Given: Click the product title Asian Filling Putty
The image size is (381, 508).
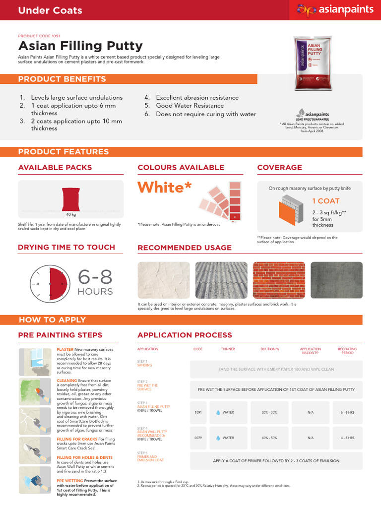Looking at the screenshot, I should pos(80,46).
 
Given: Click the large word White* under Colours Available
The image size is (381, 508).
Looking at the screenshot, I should pos(164,188).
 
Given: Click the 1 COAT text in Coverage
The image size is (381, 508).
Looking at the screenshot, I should pos(325,201).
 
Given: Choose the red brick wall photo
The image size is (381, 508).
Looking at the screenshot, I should pos(278,280).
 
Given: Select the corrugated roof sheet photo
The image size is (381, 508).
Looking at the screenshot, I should pos(221,280).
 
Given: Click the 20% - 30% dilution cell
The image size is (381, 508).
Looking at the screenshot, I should pos(270,412).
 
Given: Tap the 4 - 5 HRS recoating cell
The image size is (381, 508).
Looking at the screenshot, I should pos(347,438).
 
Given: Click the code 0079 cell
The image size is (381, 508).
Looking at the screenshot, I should pos(197,438).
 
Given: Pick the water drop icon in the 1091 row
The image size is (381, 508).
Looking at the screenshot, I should pos(218,412).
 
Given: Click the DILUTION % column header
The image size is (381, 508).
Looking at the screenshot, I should pos(270,349).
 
